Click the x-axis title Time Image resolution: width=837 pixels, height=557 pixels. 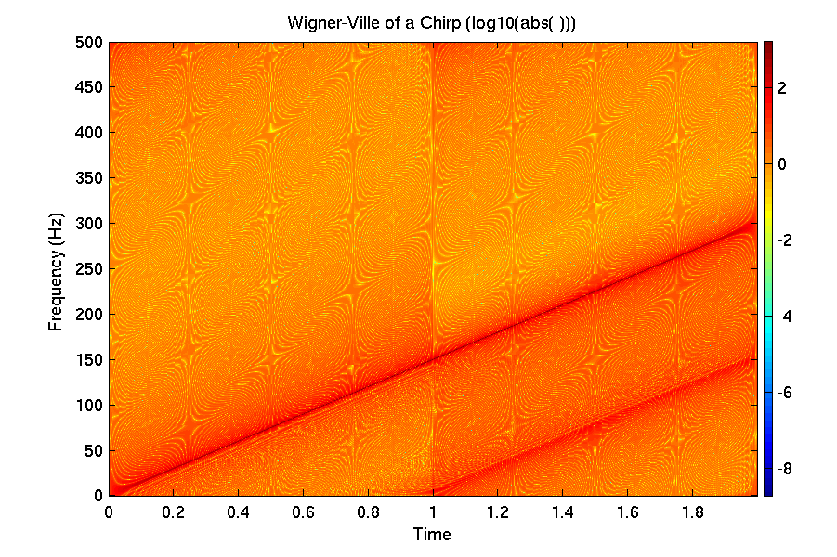[x=432, y=535]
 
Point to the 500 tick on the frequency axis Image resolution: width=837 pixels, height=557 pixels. [x=90, y=43]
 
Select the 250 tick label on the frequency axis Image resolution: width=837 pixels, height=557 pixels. [x=90, y=269]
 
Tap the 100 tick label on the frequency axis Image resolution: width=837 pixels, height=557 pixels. [x=90, y=406]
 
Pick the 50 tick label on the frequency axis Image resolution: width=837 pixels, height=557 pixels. [x=94, y=451]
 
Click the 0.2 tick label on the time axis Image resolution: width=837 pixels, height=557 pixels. [x=174, y=512]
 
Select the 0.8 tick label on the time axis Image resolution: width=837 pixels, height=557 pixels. [x=368, y=512]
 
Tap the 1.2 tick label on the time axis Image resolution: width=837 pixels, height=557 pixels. [x=498, y=512]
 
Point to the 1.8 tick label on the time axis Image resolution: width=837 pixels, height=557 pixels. [x=692, y=512]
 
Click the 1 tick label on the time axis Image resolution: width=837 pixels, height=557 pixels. [x=433, y=512]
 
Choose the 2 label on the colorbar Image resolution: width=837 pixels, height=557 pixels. [x=783, y=87]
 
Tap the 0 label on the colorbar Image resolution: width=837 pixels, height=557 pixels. [x=783, y=163]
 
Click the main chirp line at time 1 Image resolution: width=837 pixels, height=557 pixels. [x=433, y=359]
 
